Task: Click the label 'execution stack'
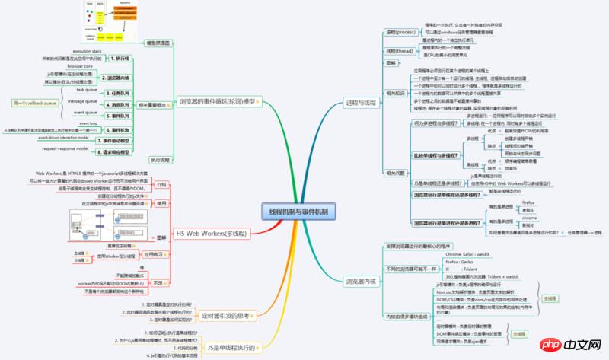coord(87,50)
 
